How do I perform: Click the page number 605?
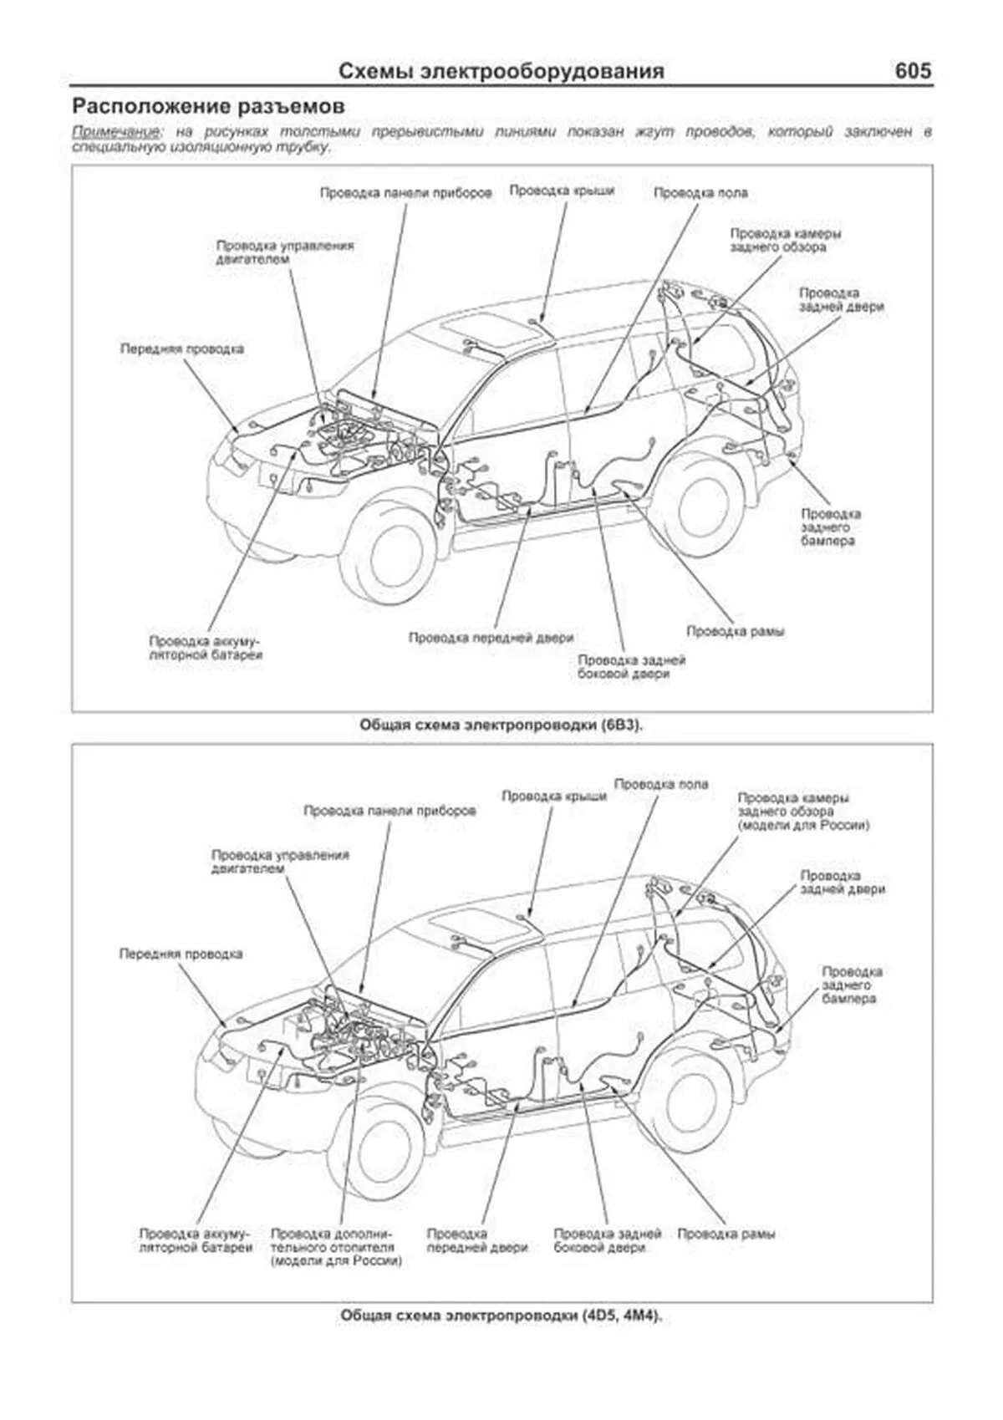(x=912, y=71)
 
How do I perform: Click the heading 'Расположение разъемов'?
(x=208, y=107)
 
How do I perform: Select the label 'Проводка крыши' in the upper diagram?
(x=562, y=191)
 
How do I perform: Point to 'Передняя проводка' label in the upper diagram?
(x=181, y=349)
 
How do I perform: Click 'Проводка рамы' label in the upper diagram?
(x=735, y=631)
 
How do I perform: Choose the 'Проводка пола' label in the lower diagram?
(x=660, y=784)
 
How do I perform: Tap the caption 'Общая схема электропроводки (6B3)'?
(x=501, y=725)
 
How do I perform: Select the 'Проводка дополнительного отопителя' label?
(x=336, y=1247)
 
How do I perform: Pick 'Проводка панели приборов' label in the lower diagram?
(x=389, y=811)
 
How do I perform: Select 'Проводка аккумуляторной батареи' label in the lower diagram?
(x=196, y=1240)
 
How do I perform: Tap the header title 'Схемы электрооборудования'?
(x=501, y=72)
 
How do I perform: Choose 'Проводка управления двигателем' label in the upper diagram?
(x=284, y=252)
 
